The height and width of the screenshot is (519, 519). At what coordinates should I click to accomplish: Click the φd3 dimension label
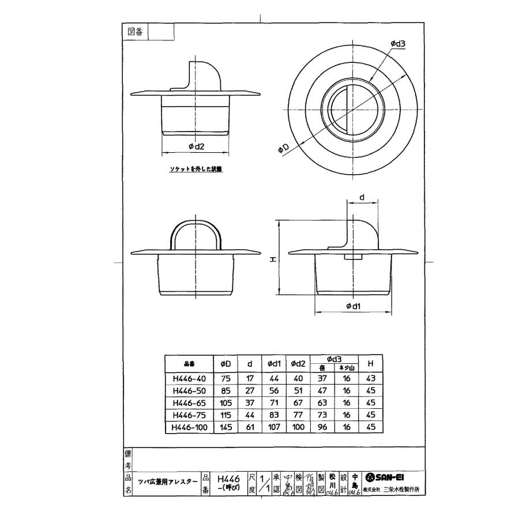click(397, 43)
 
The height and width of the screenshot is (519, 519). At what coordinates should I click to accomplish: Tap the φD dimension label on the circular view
click(283, 149)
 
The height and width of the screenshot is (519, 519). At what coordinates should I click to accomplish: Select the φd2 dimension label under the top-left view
click(197, 146)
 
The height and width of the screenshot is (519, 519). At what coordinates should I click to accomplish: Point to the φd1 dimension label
click(353, 306)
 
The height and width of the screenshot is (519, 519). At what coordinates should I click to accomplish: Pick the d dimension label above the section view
click(362, 198)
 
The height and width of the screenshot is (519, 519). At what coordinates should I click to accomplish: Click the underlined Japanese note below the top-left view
click(195, 170)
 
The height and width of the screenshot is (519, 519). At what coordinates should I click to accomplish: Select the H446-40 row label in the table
click(189, 379)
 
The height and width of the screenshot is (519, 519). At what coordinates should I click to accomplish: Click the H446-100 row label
click(189, 427)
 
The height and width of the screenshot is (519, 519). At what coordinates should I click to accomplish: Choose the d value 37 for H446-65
click(249, 403)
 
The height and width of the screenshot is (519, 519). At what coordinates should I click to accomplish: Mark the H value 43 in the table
click(371, 379)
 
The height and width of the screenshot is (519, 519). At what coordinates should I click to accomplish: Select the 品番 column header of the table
click(189, 364)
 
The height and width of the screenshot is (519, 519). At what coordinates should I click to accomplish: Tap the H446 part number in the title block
click(228, 478)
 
